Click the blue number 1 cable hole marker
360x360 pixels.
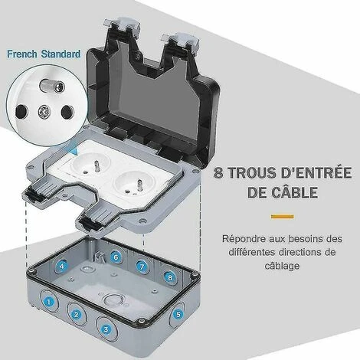pyautogui.click(x=49, y=302)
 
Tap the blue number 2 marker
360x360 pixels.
pyautogui.click(x=76, y=315)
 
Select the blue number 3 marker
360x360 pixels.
pyautogui.click(x=106, y=329)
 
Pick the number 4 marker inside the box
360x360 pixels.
pyautogui.click(x=62, y=266)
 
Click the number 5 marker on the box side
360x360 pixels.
pyautogui.click(x=178, y=314)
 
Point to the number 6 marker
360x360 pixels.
pyautogui.click(x=116, y=257)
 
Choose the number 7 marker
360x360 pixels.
pyautogui.click(x=142, y=267)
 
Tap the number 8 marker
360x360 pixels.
pyautogui.click(x=170, y=277)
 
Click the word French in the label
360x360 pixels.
pyautogui.click(x=22, y=54)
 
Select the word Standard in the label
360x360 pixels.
pyautogui.click(x=61, y=54)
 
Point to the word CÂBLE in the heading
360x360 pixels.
pyautogui.click(x=294, y=192)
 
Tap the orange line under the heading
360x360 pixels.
pyautogui.click(x=283, y=217)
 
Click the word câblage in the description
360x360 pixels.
pyautogui.click(x=282, y=266)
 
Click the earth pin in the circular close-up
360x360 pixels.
pyautogui.click(x=52, y=87)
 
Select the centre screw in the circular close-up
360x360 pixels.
pyautogui.click(x=44, y=112)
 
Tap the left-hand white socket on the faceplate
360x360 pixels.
pyautogui.click(x=90, y=165)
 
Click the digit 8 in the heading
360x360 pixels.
pyautogui.click(x=218, y=172)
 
